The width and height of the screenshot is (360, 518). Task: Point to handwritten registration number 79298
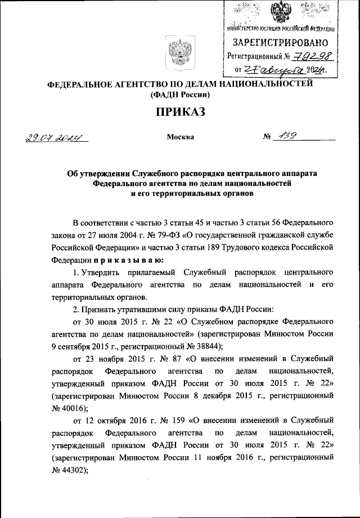tap(310, 56)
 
